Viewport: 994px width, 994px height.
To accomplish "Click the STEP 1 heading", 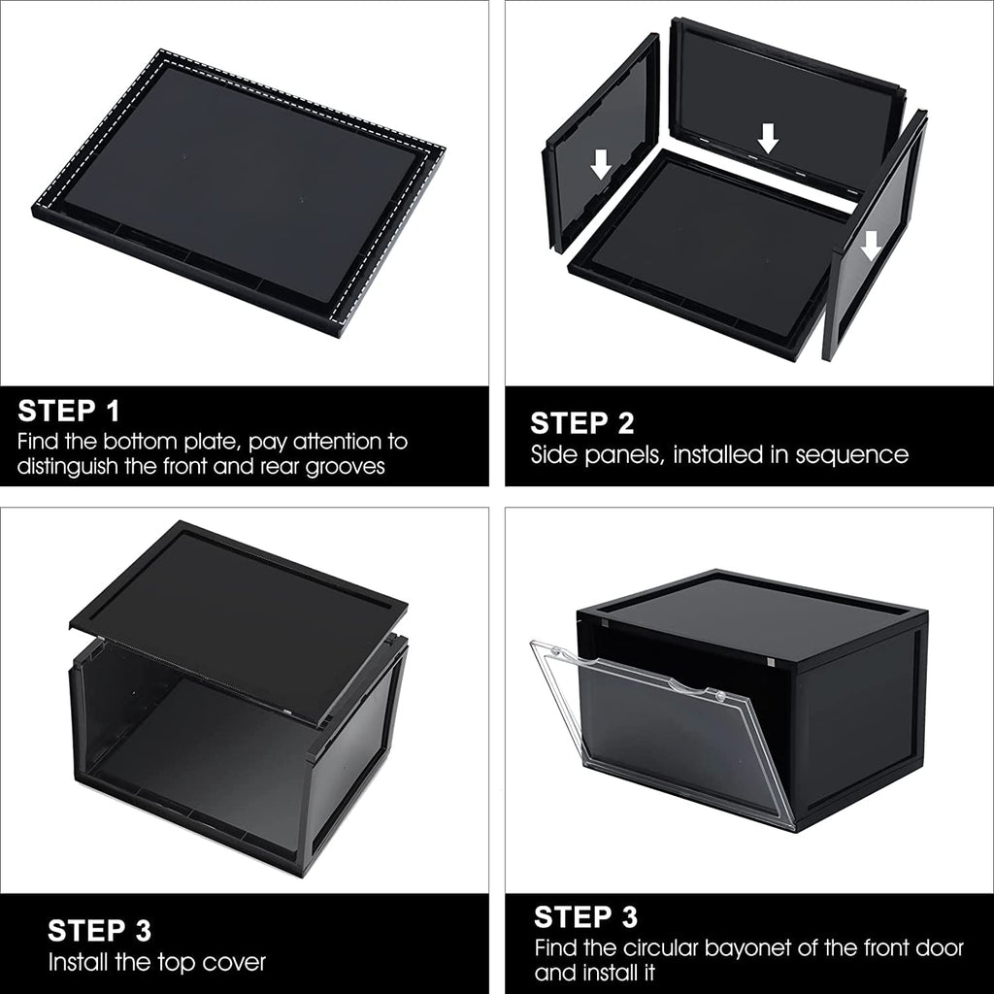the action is click(69, 411).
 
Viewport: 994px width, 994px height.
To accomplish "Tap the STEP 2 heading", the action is click(582, 423).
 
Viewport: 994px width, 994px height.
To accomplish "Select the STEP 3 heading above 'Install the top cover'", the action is click(100, 931).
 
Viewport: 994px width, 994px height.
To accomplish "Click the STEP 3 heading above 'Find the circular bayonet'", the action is click(585, 916).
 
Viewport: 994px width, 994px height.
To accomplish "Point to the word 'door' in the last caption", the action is click(940, 948).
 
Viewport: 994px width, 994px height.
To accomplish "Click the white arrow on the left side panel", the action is click(600, 164).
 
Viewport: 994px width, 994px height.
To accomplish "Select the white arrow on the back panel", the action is click(769, 138).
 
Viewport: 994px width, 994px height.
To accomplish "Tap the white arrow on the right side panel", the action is click(872, 246).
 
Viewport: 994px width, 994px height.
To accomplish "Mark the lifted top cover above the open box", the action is click(239, 622).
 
